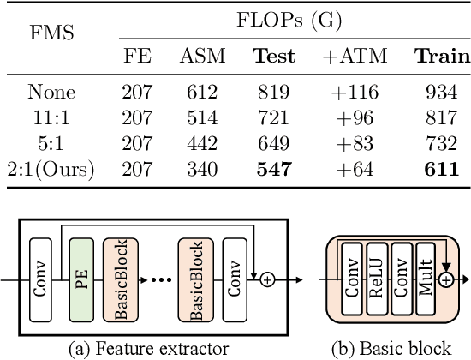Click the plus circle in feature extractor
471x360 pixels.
267,280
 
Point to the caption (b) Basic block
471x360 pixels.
391,349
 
